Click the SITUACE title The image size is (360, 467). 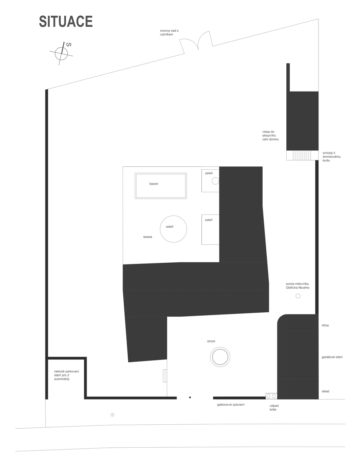click(66, 22)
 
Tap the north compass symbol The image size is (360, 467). click(61, 54)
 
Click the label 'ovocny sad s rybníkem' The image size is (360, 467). click(169, 32)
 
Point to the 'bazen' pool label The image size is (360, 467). click(154, 184)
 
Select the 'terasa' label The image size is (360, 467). click(148, 237)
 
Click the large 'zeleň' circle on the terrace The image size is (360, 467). click(173, 216)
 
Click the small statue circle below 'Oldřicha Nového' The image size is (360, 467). click(298, 296)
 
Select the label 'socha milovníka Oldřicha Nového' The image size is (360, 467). click(298, 286)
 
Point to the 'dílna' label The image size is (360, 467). click(325, 325)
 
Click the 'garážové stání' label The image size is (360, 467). click(332, 357)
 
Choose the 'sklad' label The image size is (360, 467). click(325, 391)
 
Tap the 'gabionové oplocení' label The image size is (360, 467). click(231, 405)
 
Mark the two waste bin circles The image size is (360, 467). click(271, 396)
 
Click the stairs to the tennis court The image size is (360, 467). click(302, 155)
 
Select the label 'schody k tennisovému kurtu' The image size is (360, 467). click(332, 157)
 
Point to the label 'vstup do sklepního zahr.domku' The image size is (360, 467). click(270, 135)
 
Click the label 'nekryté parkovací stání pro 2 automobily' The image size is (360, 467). click(66, 375)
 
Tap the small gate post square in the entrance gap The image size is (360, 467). click(190, 397)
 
